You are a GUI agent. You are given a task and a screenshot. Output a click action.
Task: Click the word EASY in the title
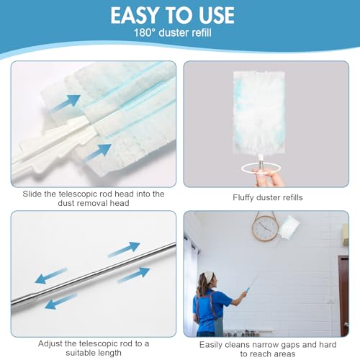coord(138,15)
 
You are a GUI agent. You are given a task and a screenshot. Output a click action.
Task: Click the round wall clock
coord(264,228)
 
